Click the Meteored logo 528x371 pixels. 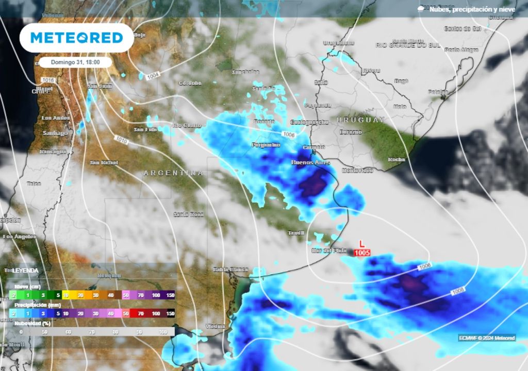[x=76, y=38]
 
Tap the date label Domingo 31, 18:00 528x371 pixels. [x=76, y=62]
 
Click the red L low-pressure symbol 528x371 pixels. [x=362, y=243]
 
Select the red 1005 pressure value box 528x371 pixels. [x=362, y=252]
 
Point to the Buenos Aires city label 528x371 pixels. [x=310, y=162]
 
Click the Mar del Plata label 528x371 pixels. [x=329, y=251]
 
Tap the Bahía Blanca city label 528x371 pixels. [x=230, y=269]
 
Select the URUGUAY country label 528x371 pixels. [x=361, y=120]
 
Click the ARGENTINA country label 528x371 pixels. [x=173, y=173]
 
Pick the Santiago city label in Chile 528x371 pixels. [x=55, y=133]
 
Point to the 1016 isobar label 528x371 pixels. [x=47, y=80]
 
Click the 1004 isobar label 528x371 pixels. [x=153, y=76]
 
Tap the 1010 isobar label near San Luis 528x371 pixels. [x=122, y=140]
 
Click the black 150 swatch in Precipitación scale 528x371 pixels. [x=170, y=313]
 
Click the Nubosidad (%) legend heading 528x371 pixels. [x=32, y=323]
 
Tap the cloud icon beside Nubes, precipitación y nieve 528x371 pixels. [x=421, y=9]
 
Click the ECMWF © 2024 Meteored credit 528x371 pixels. [x=487, y=338]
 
